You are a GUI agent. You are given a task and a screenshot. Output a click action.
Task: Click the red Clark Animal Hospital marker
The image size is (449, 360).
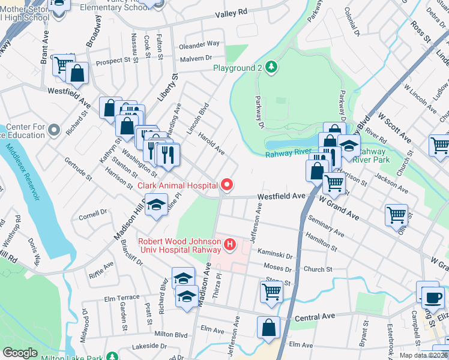pyautogui.click(x=226, y=185)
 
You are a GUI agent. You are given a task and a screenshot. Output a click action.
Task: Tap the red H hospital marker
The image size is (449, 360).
pyautogui.click(x=229, y=244)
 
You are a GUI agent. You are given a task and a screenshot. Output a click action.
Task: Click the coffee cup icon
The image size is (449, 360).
pyautogui.click(x=431, y=297)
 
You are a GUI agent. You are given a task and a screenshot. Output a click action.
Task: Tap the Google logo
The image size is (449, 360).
pyautogui.click(x=20, y=353)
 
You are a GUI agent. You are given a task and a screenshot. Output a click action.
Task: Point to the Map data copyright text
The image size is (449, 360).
pyautogui.click(x=423, y=355)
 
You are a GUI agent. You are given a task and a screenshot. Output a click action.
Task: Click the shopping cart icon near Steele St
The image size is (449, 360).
pyautogui.click(x=271, y=292)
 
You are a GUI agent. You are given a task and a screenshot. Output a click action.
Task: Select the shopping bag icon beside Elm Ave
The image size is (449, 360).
pyautogui.click(x=268, y=328)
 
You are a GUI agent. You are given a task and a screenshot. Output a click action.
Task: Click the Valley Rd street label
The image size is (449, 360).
pyautogui.click(x=234, y=13)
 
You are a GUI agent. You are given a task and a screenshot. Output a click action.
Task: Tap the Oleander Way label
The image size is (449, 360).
pyautogui.click(x=200, y=44)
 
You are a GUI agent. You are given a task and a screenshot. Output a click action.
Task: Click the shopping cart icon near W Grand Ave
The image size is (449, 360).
pyautogui.click(x=397, y=215)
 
